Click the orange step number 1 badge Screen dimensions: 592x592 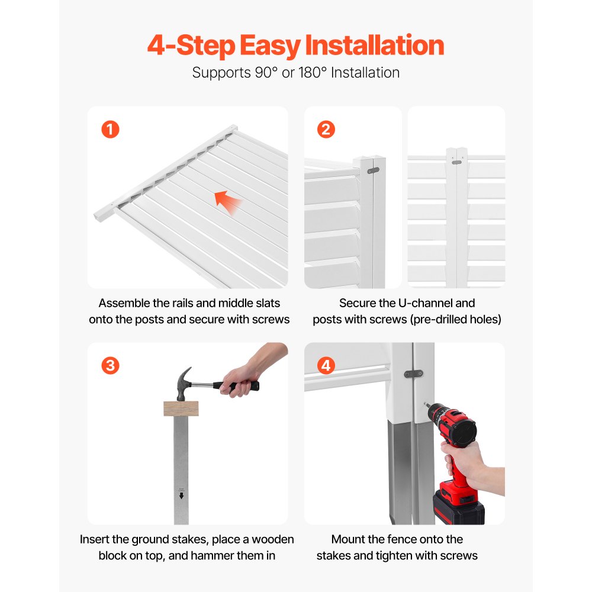coord(110,130)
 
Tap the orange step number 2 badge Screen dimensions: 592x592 coord(326,130)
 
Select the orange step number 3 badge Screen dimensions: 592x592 coord(110,365)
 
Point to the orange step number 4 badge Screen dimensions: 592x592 coord(326,365)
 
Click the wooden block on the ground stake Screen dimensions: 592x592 coord(181,408)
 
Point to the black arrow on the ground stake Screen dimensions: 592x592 coord(182,496)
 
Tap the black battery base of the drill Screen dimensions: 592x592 coord(458,509)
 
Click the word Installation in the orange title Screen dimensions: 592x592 coord(375,46)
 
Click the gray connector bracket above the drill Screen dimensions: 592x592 coord(413,374)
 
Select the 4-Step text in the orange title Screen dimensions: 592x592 coord(191,46)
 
